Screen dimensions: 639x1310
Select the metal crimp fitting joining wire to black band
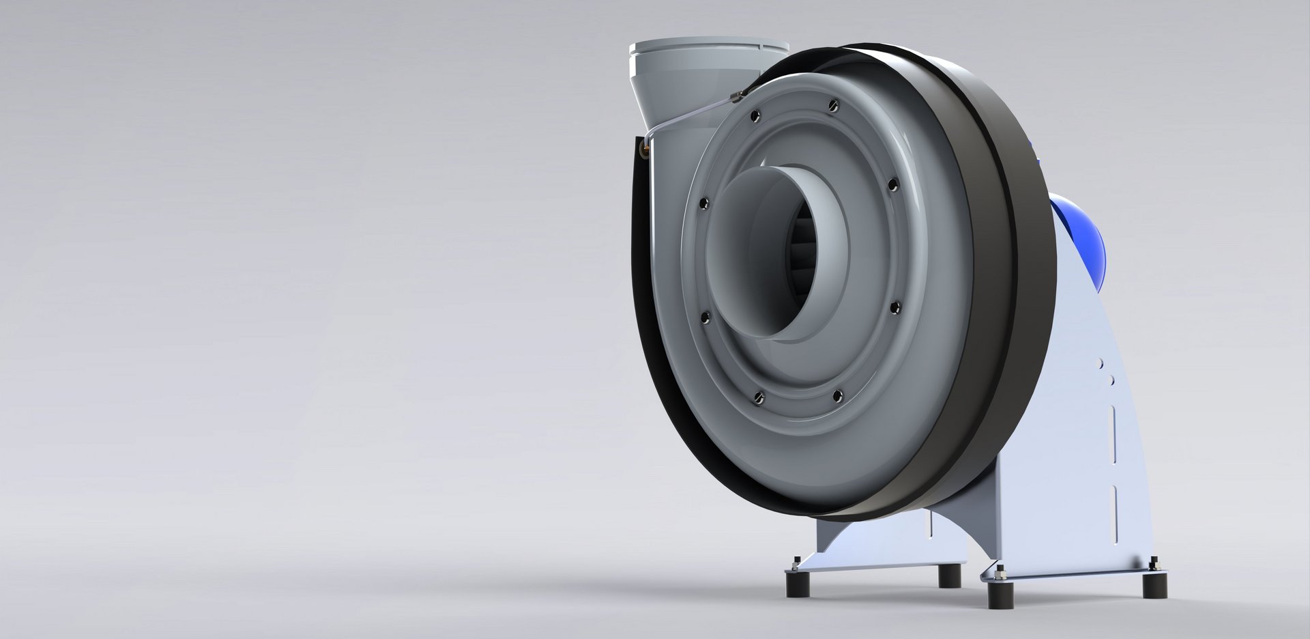point(736,98)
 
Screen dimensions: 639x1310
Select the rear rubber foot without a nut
point(949,576)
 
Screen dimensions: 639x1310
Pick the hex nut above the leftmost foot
point(796,563)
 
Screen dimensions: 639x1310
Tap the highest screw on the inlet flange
point(831,104)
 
